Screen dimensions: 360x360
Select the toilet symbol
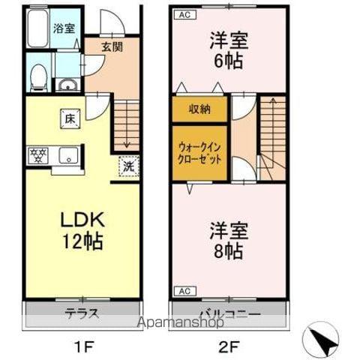[38, 76]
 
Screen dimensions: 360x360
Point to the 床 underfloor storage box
[68, 118]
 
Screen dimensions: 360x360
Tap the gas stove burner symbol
[36, 156]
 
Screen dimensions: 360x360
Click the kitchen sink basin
[65, 157]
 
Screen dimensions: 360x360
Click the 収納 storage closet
[199, 109]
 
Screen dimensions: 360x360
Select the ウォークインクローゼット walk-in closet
[199, 153]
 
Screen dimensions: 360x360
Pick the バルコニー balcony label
[229, 313]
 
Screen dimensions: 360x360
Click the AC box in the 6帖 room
[184, 13]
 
